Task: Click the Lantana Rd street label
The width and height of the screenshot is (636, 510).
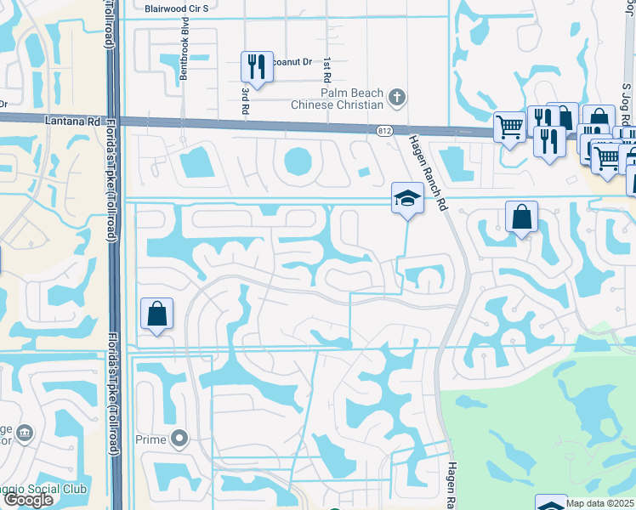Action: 71,122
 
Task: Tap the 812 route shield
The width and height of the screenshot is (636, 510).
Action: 384,129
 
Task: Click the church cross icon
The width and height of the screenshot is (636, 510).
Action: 396,97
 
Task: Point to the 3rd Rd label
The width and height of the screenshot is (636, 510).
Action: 245,100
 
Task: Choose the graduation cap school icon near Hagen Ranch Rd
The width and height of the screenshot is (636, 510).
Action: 407,199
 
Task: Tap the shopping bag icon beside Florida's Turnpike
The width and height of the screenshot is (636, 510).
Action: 157,314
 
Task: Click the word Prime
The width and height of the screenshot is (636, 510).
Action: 151,439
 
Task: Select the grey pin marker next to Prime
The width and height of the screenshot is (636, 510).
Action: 179,439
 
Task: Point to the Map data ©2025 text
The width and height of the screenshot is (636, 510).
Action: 600,503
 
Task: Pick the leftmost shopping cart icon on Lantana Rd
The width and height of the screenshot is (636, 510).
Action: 509,127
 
